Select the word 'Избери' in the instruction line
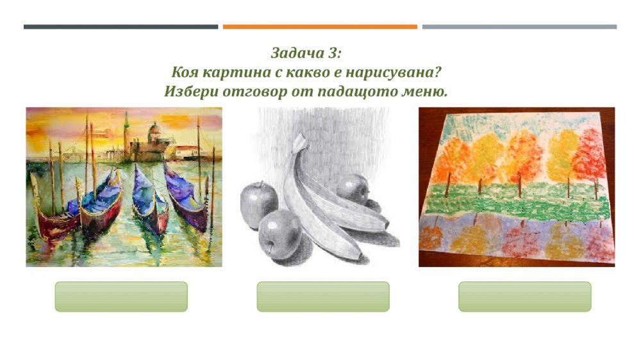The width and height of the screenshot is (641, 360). (191, 91)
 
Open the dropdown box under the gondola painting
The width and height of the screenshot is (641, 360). (121, 297)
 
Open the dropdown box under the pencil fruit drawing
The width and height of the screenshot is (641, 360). (323, 297)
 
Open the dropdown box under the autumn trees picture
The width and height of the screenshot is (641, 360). (524, 297)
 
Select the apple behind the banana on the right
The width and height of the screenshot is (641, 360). (353, 189)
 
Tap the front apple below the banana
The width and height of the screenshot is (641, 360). (280, 233)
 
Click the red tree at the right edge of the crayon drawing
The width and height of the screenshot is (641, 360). (590, 157)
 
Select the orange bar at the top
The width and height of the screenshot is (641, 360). (320, 27)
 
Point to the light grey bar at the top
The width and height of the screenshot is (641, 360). (519, 27)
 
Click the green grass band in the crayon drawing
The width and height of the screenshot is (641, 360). (513, 202)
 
